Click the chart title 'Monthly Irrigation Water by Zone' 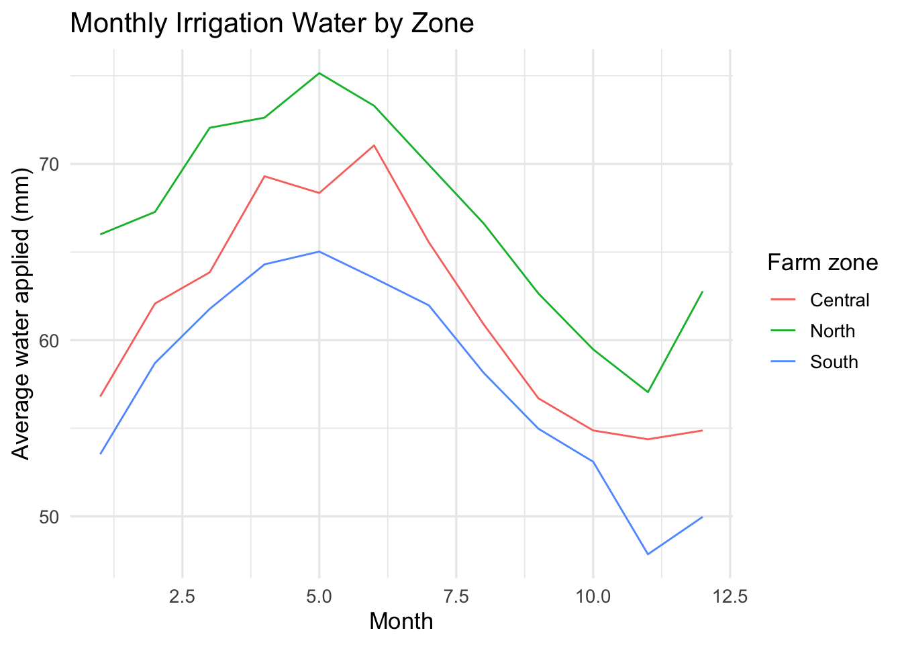point(272,24)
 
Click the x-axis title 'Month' point(401,621)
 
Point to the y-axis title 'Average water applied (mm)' point(21,314)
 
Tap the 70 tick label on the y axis point(49,165)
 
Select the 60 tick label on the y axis point(49,341)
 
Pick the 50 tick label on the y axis point(49,517)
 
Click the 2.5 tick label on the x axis point(182,596)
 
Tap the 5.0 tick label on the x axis point(319,596)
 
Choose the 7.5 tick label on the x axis point(456,596)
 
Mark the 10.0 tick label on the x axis point(593,596)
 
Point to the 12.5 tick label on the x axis point(730,596)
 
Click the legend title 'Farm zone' point(823,263)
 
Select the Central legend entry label point(840,300)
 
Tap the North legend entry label point(832,331)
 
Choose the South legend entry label point(834,362)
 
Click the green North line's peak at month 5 point(319,73)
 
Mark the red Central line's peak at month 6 point(374,145)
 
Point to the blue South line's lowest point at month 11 point(648,554)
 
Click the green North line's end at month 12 point(702,292)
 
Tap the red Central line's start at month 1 point(100,396)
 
